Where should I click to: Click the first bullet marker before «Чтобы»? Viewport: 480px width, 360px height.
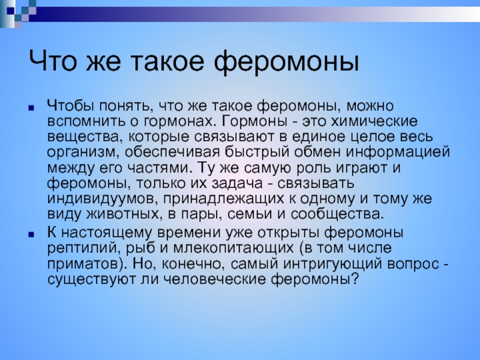pos(31,108)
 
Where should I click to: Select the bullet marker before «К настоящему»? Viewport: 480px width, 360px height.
pos(31,235)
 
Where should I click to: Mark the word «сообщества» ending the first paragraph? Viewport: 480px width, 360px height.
pos(337,214)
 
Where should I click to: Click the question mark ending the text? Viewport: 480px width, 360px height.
pos(355,279)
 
